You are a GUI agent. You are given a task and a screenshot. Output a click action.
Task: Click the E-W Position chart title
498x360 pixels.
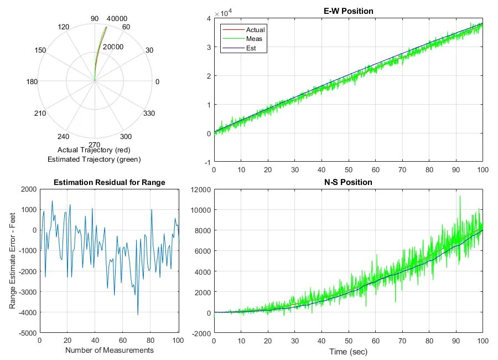348,11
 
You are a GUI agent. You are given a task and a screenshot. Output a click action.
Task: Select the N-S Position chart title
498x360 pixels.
348,182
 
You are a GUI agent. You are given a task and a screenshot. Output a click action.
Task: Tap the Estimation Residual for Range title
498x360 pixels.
109,182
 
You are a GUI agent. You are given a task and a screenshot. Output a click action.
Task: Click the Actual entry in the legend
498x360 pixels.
255,29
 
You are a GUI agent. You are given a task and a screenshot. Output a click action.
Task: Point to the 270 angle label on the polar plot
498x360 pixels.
95,145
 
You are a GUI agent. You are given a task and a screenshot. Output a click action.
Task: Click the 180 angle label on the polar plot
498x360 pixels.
32,82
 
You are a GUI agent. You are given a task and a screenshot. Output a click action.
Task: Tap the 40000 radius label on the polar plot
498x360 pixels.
117,19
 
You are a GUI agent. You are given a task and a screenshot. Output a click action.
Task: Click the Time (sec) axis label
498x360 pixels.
348,352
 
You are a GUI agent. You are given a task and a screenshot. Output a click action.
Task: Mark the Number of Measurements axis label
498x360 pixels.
109,350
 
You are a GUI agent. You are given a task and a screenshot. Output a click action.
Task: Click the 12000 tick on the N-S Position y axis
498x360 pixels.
200,189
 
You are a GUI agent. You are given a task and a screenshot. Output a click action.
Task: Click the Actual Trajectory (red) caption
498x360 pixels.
94,150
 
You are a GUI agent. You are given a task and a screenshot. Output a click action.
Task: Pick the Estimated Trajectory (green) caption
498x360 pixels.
94,160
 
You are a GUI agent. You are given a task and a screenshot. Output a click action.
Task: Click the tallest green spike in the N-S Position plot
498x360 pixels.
459,196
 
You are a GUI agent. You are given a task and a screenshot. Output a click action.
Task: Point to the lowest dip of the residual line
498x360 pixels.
138,315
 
